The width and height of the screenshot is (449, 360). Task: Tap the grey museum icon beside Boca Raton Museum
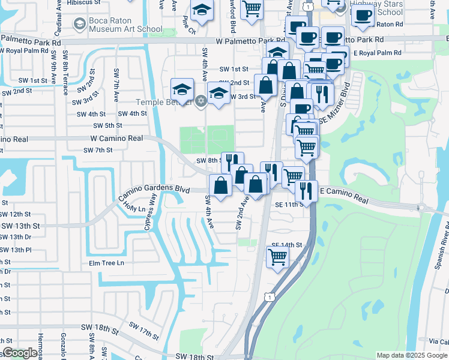(79, 23)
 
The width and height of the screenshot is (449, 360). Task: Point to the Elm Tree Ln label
(106, 263)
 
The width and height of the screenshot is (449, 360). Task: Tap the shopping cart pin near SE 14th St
(277, 256)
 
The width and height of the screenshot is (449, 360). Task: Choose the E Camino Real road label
(344, 194)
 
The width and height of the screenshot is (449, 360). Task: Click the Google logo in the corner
(20, 353)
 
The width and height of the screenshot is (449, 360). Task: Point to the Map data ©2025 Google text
(412, 355)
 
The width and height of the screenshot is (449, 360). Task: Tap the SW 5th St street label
(107, 125)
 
